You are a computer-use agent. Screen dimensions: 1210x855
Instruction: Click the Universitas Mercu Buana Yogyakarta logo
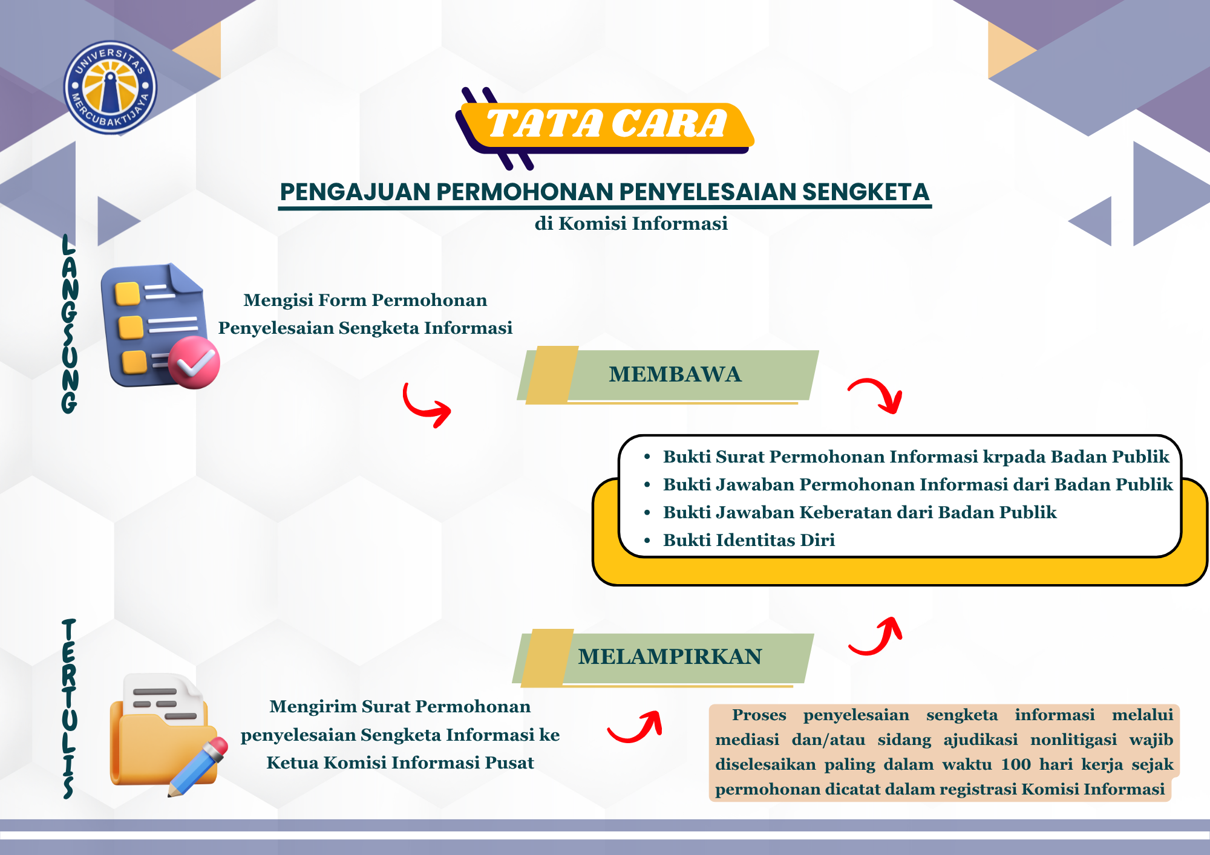pyautogui.click(x=110, y=88)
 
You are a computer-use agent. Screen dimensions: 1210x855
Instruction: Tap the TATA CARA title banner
pyautogui.click(x=605, y=126)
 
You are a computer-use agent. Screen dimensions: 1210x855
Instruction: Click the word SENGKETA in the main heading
pyautogui.click(x=865, y=192)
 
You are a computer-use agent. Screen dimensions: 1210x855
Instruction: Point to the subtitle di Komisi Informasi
pyautogui.click(x=631, y=224)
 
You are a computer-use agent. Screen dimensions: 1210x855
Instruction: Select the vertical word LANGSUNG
pyautogui.click(x=70, y=324)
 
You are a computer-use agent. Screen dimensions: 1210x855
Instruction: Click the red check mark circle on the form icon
pyautogui.click(x=194, y=362)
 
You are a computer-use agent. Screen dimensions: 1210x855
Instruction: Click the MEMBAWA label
pyautogui.click(x=675, y=374)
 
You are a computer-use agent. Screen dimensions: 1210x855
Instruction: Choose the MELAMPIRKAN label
pyautogui.click(x=670, y=657)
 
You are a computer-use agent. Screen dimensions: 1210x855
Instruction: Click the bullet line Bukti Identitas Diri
pyautogui.click(x=748, y=540)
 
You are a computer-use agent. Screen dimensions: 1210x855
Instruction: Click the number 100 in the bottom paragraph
pyautogui.click(x=1016, y=764)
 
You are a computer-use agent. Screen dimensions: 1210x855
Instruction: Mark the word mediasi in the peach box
pyautogui.click(x=747, y=740)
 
